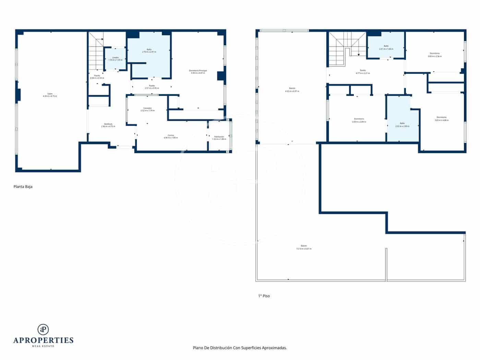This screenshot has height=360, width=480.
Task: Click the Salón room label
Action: pos(50,95)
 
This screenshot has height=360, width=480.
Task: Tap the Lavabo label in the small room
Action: pos(115,59)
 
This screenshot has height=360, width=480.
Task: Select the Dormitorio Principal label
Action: pos(198,72)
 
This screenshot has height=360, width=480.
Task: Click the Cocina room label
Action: pos(171,136)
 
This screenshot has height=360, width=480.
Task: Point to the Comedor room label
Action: pos(147,109)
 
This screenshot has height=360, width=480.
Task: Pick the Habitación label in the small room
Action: pos(219,138)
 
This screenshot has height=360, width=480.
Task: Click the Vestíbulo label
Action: pos(108,125)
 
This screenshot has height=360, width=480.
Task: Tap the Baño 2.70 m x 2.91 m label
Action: pos(149,50)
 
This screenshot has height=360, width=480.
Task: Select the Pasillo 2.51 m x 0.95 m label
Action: pos(152,87)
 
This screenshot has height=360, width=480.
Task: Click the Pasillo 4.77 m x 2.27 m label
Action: pos(363,72)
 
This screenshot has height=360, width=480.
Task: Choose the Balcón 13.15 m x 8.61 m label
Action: pos(304,247)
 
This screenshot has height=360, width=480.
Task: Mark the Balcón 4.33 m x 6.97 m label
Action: pos(292,90)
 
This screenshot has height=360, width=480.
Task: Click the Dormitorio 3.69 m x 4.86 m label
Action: pos(441,119)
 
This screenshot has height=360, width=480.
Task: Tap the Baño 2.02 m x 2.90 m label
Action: pos(402,124)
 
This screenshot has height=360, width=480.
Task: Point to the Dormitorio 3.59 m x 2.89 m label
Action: pos(359,120)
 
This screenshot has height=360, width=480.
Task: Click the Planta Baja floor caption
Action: pos(23,187)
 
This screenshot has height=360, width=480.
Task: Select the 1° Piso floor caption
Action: pos(264,296)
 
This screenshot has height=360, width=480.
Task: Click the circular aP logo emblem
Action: pos(43,329)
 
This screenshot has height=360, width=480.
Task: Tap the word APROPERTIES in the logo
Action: pos(43,340)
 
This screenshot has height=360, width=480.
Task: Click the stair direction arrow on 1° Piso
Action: pos(358,54)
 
